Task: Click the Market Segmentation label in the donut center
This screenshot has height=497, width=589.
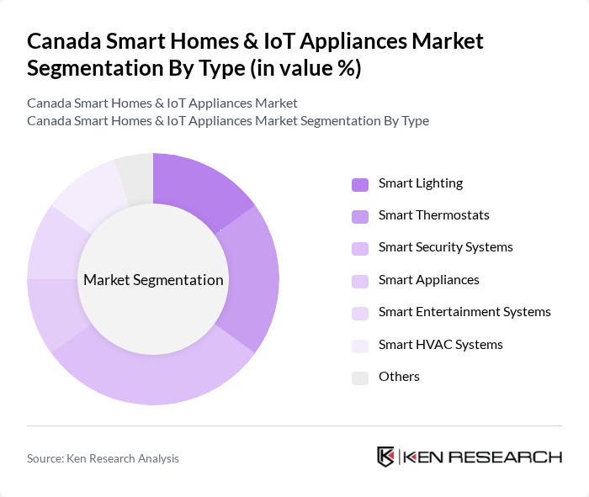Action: click(x=153, y=280)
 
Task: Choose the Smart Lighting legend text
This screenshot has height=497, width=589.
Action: click(x=421, y=183)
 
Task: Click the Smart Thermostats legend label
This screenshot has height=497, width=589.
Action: click(x=433, y=215)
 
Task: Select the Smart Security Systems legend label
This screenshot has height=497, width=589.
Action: click(x=445, y=247)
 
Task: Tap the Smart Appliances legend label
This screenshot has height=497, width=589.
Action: click(x=428, y=280)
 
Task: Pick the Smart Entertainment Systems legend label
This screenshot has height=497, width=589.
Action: click(x=464, y=312)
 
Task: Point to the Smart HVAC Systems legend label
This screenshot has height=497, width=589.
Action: click(x=440, y=344)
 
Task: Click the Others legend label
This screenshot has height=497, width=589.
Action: click(x=399, y=377)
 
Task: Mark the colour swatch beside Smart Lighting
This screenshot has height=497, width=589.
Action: click(x=360, y=184)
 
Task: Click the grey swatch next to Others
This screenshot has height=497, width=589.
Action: click(x=360, y=378)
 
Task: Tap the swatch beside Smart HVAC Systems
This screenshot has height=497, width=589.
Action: click(x=360, y=345)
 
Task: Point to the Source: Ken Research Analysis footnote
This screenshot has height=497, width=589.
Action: click(x=103, y=458)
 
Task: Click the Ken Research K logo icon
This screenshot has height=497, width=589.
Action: click(x=386, y=457)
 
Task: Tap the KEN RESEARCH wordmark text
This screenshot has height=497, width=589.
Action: click(x=483, y=457)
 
